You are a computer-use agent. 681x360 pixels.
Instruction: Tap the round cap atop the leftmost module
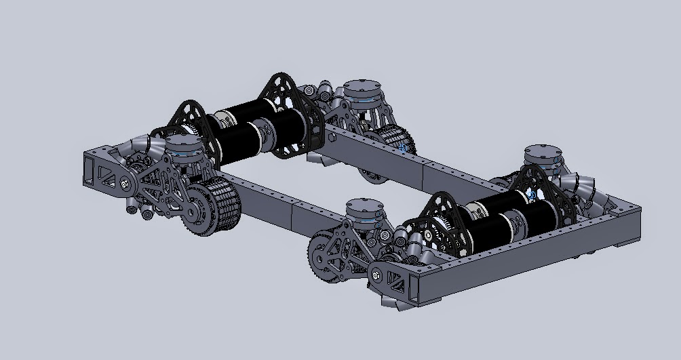180,144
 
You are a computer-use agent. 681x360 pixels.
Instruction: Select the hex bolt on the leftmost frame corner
125,182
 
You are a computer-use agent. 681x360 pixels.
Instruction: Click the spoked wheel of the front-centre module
324,257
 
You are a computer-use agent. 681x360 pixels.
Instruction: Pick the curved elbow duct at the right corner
583,185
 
